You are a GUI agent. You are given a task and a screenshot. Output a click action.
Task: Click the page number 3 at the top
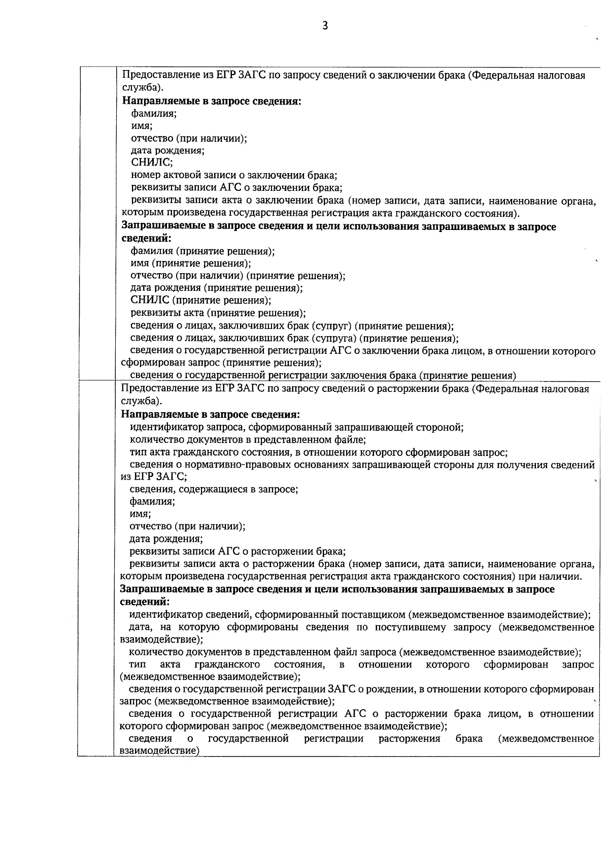tap(325, 26)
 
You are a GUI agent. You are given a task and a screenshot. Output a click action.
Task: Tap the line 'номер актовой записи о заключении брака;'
tap(233, 176)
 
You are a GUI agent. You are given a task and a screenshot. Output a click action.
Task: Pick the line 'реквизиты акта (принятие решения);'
tap(218, 313)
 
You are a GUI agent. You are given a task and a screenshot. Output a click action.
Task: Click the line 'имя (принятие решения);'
tap(191, 263)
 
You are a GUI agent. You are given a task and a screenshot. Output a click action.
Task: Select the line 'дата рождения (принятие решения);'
tap(217, 288)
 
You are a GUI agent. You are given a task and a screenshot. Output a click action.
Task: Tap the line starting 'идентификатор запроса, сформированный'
tap(296, 427)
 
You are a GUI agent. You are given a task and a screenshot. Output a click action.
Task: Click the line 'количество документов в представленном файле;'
tap(248, 440)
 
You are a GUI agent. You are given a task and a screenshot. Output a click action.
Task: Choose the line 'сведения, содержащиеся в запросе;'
tap(214, 489)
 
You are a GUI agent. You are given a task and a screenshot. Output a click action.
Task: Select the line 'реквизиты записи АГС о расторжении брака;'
tap(238, 552)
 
